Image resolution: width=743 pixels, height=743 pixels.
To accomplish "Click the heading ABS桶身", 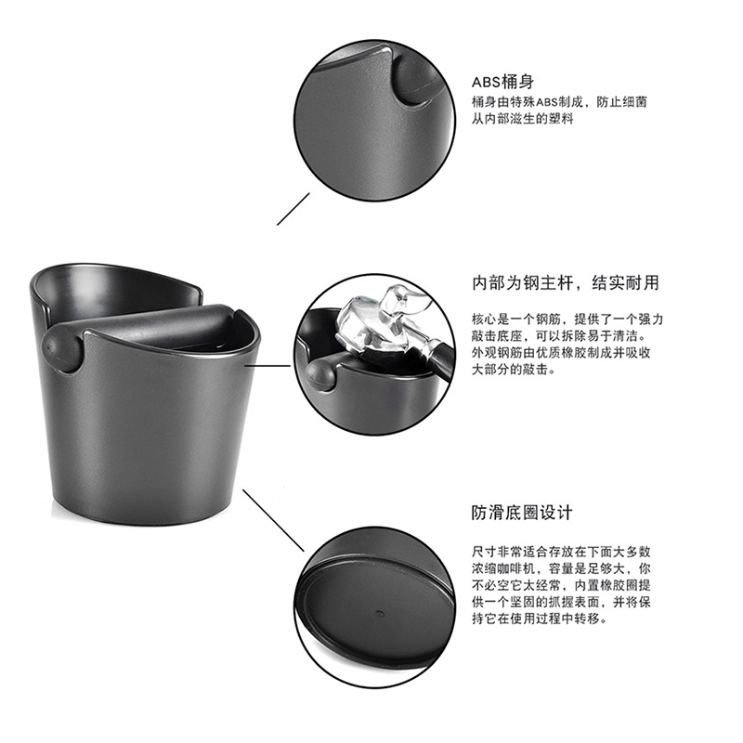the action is (502, 82).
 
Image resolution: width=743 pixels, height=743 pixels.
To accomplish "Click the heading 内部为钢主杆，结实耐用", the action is (566, 283).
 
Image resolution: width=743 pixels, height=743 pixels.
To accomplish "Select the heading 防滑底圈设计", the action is (522, 513).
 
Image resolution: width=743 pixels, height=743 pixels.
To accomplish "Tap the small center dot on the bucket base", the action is (379, 614).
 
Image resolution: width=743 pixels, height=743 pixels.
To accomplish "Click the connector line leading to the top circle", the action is (293, 209).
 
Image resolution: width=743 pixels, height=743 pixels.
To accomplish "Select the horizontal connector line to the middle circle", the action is (267, 365).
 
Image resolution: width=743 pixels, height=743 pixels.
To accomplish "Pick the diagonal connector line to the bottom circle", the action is (273, 520).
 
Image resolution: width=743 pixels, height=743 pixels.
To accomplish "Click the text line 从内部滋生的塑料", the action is (522, 119).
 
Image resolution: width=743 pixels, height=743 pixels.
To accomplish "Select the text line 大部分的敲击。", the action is (514, 369).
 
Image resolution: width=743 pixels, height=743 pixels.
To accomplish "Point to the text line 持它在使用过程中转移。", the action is (540, 619).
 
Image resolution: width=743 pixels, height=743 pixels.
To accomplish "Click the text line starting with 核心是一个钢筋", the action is (567, 319).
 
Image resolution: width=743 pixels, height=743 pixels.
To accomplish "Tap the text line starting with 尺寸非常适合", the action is (561, 552).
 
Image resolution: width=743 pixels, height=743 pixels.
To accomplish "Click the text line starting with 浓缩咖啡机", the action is (561, 568).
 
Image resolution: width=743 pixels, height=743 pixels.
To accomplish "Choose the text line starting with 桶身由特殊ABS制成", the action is (559, 102).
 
